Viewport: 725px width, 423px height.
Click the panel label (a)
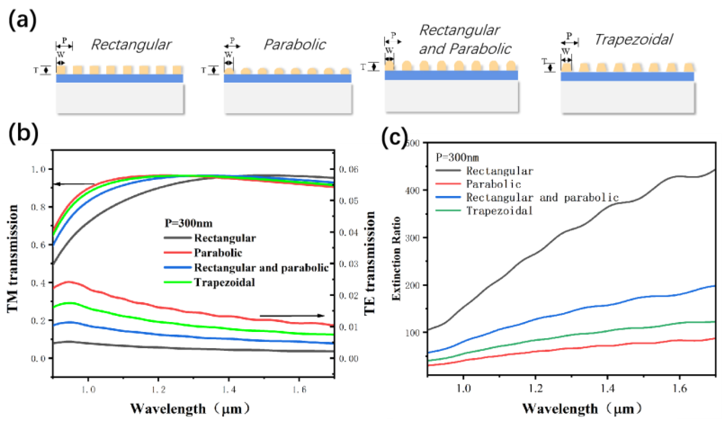tap(22, 20)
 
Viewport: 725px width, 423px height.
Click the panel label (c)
tap(394, 137)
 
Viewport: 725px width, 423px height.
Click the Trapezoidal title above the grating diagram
tap(633, 40)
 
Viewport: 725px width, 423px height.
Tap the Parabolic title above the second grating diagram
tap(295, 45)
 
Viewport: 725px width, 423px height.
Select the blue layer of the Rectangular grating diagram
tap(119, 78)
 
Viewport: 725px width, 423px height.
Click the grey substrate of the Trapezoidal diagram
tap(627, 97)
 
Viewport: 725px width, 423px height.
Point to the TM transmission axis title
tap(13, 259)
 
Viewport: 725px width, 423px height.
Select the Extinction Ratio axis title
tap(396, 258)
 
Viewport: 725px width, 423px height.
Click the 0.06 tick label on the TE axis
tap(348, 170)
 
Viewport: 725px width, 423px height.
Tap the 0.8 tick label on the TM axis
tap(38, 207)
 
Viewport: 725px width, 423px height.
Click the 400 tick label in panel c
tap(412, 190)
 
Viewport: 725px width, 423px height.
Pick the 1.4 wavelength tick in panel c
tap(607, 389)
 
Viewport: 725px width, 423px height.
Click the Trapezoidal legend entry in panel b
tap(225, 282)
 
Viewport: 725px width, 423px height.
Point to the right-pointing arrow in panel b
tap(292, 315)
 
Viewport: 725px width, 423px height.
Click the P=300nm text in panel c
tap(457, 157)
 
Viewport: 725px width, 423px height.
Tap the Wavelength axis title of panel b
tap(190, 409)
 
